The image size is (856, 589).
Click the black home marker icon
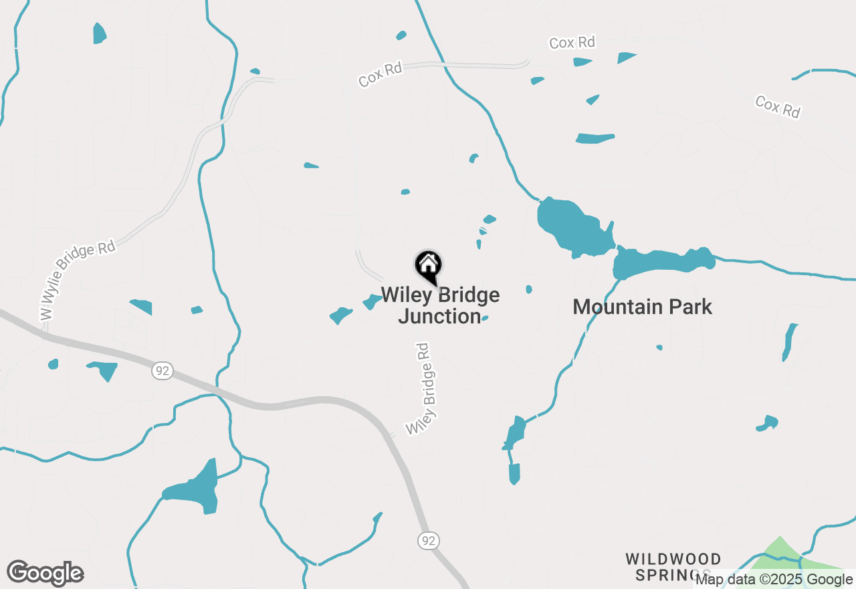click(x=428, y=266)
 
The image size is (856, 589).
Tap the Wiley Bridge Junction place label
click(x=440, y=306)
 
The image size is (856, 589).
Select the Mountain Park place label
click(x=642, y=307)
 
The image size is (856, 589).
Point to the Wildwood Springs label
click(x=673, y=566)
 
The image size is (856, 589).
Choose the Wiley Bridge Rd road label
click(x=422, y=389)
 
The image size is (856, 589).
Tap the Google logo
click(x=45, y=574)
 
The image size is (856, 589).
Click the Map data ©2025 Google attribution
click(x=774, y=580)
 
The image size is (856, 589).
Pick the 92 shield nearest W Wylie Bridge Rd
click(x=163, y=370)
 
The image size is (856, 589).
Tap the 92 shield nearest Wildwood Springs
click(x=429, y=540)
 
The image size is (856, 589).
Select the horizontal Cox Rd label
click(x=572, y=43)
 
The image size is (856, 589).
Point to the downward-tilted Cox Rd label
click(x=777, y=106)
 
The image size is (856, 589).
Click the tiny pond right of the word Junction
click(x=485, y=319)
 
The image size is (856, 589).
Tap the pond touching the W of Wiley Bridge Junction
click(x=372, y=302)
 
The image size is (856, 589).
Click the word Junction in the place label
click(x=439, y=316)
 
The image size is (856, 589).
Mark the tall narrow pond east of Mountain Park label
click(x=790, y=342)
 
